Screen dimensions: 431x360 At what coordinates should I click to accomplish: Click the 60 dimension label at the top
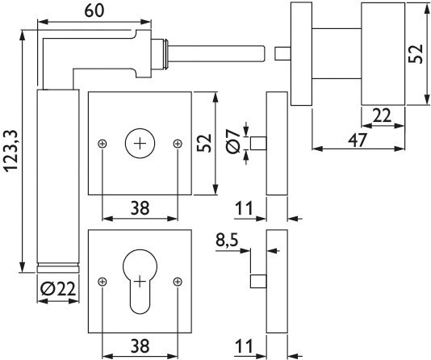click(94, 10)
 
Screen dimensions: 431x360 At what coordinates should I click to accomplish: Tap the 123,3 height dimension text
click(12, 151)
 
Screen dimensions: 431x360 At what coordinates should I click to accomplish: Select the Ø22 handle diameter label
click(58, 289)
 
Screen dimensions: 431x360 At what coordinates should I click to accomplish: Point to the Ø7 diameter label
click(232, 141)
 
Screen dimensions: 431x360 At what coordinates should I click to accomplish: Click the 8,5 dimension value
click(227, 241)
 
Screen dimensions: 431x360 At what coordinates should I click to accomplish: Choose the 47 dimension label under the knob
click(357, 140)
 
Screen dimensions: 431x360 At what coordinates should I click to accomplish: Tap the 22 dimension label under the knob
click(381, 115)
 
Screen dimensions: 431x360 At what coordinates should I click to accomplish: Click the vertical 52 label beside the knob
click(416, 54)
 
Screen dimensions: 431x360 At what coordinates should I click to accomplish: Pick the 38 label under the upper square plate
click(140, 207)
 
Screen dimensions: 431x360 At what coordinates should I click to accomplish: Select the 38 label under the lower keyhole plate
click(140, 345)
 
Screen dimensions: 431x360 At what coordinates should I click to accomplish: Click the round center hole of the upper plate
click(140, 143)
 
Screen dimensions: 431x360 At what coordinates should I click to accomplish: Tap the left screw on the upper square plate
click(103, 144)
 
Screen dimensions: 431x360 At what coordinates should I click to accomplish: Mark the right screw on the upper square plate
click(178, 144)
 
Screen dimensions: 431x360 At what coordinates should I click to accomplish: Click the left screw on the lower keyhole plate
click(103, 282)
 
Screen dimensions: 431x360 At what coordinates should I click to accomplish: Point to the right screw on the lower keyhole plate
click(178, 282)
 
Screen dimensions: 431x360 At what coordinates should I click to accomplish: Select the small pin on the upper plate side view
click(258, 144)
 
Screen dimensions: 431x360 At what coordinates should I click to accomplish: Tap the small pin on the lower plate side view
click(258, 281)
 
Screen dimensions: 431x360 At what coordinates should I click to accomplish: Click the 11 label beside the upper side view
click(244, 208)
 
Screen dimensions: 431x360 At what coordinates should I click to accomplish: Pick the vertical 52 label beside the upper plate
click(204, 143)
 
